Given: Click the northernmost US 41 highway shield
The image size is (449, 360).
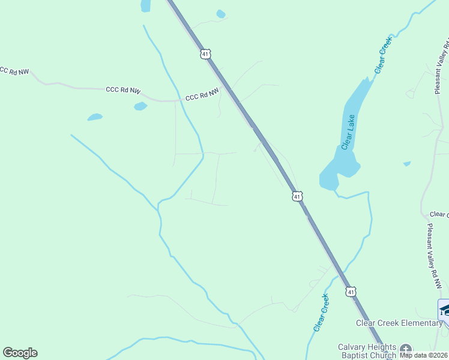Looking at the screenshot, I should [206, 54].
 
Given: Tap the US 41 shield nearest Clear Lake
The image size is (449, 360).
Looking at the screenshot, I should [297, 196].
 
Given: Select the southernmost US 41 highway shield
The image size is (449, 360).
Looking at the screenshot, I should [351, 291].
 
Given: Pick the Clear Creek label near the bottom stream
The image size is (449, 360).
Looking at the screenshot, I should [321, 312].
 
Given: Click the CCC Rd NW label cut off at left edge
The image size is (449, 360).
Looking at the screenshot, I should [13, 71].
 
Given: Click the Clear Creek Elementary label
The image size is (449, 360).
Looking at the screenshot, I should [399, 323].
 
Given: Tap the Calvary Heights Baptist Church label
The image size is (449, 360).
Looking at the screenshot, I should [367, 351].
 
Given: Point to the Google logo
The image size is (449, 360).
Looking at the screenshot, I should [20, 353].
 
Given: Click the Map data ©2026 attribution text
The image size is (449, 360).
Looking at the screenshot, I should [423, 355].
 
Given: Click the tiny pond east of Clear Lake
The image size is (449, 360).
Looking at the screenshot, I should [407, 163].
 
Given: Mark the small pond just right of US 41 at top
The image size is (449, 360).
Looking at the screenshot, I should [221, 14].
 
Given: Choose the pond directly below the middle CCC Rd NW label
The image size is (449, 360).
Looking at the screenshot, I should [140, 106].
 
